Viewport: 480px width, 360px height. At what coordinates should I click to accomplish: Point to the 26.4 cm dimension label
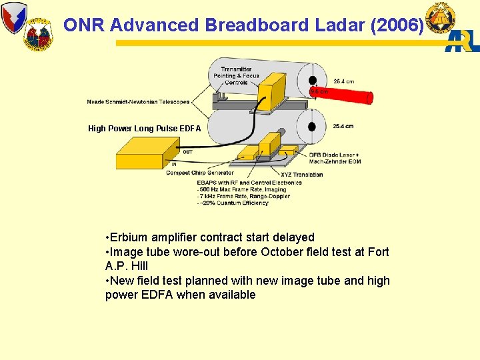pos(343,81)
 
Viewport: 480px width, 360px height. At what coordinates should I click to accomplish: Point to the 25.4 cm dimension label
pos(343,126)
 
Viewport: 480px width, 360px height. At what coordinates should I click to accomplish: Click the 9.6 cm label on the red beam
pos(319,91)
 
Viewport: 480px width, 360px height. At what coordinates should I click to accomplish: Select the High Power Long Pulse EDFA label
pos(144,129)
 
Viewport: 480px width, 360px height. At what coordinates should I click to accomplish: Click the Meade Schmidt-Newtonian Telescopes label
pos(138,102)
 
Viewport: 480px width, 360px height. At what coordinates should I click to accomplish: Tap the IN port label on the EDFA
pos(174,164)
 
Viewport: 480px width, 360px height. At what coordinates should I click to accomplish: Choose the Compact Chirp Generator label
pos(200,173)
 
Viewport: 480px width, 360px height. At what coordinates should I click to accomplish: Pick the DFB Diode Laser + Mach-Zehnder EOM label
pos(335,158)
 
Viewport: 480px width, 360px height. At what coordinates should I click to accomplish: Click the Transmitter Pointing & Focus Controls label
pos(236,76)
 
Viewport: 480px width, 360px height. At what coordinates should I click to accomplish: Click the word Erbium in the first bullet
pos(129,237)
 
